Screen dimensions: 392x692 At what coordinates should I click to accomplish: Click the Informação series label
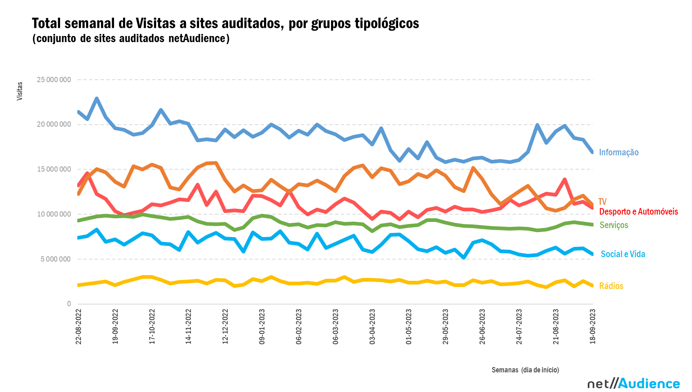pos(618,152)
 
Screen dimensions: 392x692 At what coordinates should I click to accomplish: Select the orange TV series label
pos(602,202)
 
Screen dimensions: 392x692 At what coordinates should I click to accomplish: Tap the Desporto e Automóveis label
pos(638,212)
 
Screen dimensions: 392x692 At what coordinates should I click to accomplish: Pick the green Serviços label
pos(614,225)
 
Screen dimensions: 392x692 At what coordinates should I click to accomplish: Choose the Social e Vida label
pos(623,254)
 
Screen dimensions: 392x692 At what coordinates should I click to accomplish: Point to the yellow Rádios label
pos(611,286)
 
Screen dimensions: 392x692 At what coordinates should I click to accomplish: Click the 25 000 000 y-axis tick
pos(54,80)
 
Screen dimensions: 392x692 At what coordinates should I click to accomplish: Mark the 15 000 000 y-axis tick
pos(54,169)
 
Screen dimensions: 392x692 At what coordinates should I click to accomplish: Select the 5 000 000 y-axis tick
pos(56,259)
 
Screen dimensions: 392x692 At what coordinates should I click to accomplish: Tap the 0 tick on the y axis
pos(69,304)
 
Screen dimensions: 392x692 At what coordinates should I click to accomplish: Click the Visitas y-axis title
pos(20,91)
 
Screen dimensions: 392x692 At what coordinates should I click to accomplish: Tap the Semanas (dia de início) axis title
pos(525,370)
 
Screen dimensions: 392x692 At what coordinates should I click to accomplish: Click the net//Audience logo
pos(633,383)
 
